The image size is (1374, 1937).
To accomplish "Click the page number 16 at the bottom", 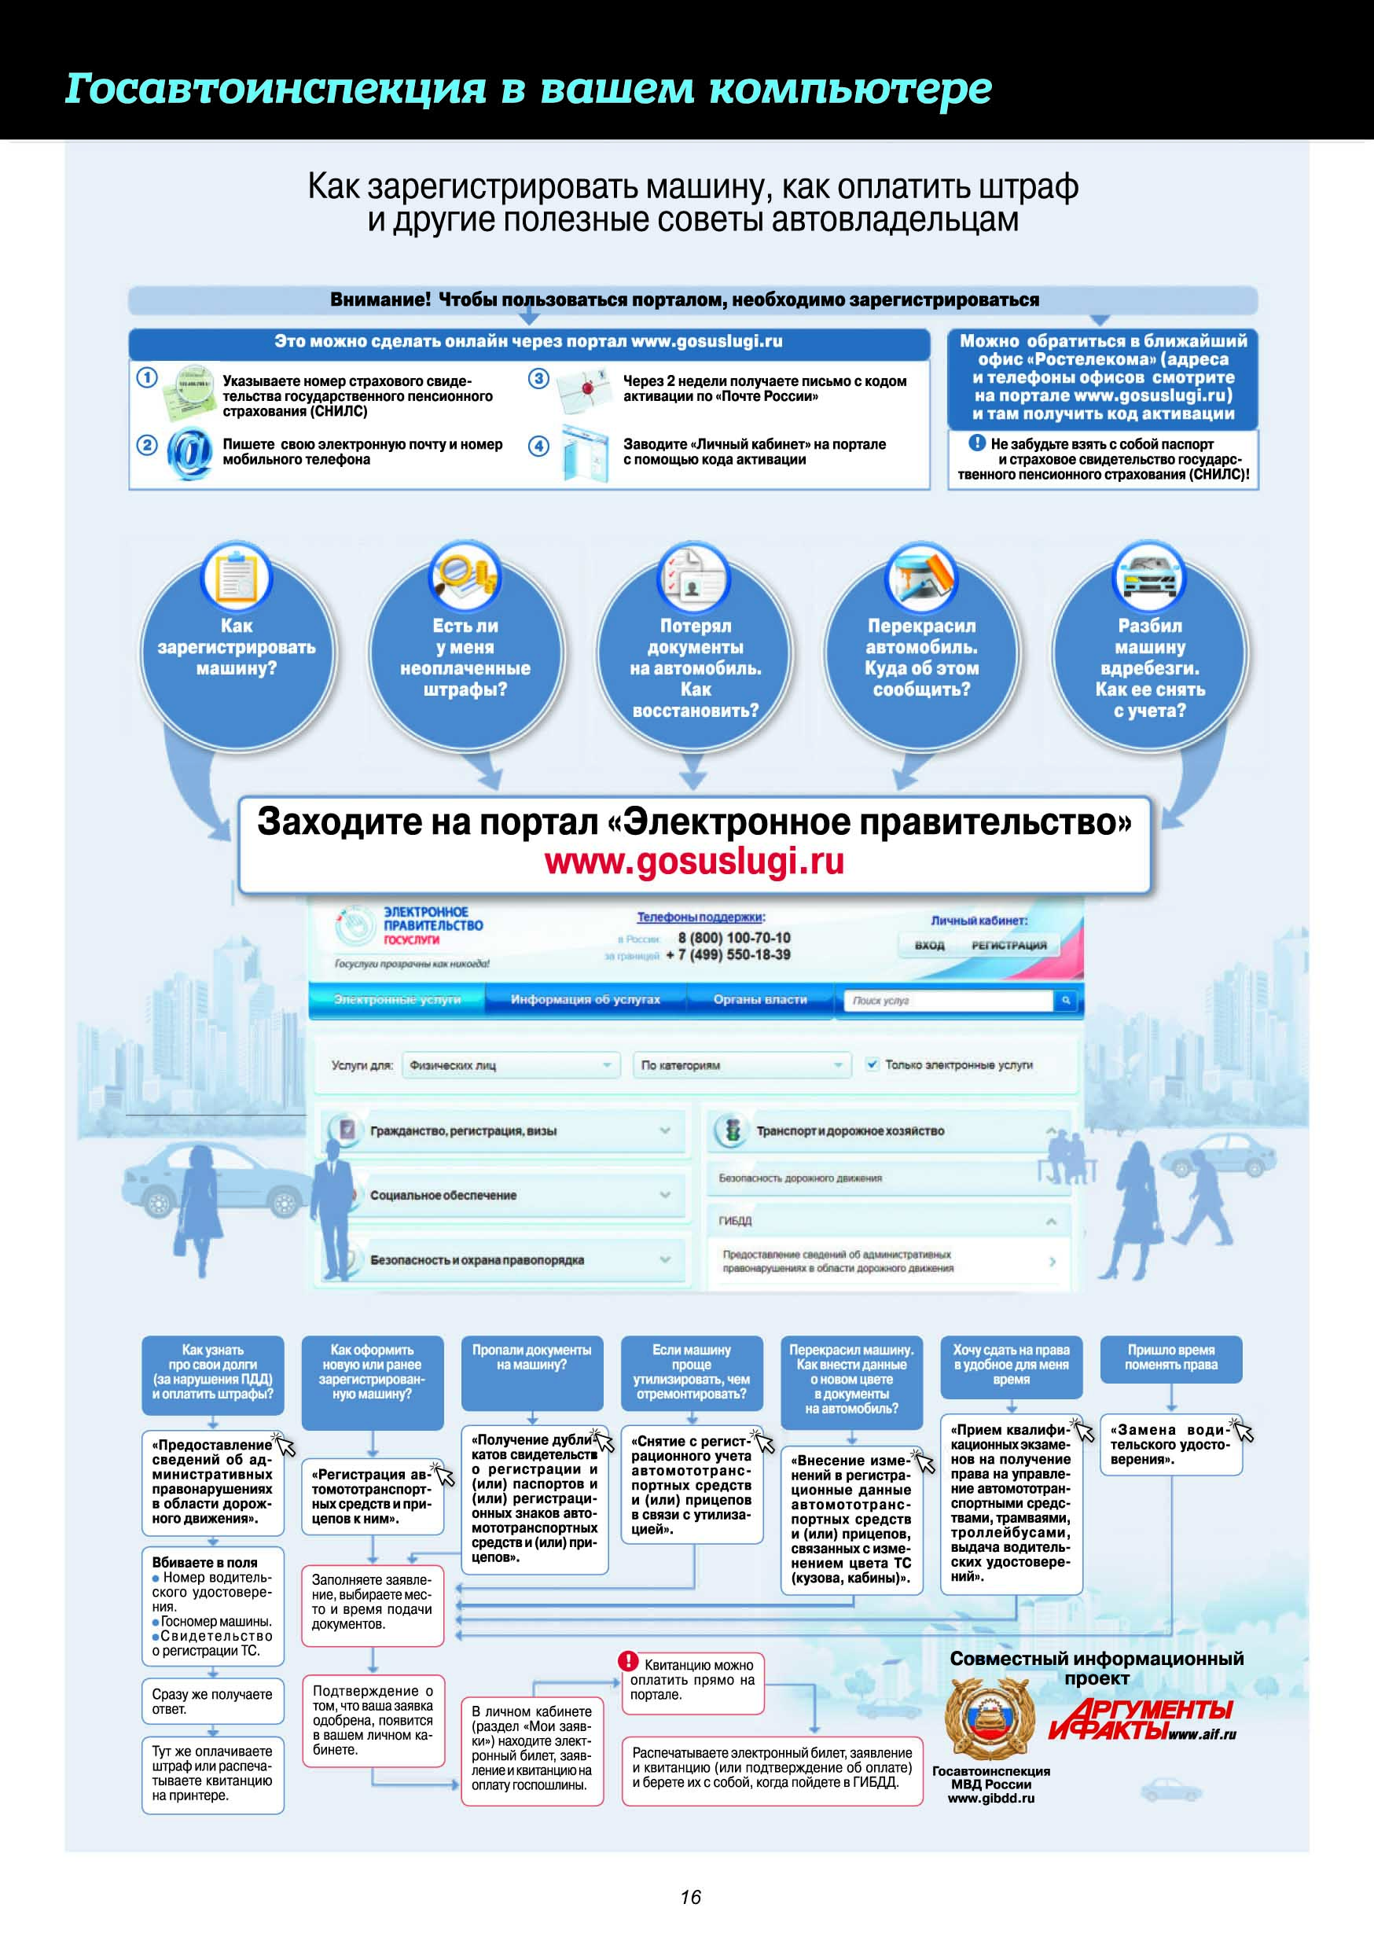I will click(690, 1896).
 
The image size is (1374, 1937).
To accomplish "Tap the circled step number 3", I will click(539, 378).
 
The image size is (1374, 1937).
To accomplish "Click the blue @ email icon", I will click(189, 454).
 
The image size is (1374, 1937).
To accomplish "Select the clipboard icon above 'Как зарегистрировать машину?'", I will click(236, 579).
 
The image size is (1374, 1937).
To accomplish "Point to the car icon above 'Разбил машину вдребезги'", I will click(1149, 578).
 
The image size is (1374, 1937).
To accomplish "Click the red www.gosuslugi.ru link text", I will click(694, 862).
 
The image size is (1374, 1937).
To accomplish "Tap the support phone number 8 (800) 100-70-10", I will click(733, 938).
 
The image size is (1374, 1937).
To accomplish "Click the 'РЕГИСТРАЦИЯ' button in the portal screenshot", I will click(1008, 945).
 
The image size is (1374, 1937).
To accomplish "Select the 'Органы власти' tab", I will click(760, 999).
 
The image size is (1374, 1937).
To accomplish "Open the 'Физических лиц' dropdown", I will click(511, 1065).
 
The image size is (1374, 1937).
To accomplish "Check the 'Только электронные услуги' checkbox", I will click(873, 1064).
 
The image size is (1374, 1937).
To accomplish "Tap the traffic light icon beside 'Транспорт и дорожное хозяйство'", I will click(733, 1130).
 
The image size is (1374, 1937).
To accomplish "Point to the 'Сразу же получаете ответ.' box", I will click(212, 1701).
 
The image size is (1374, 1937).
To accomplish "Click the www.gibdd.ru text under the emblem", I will click(990, 1798).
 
